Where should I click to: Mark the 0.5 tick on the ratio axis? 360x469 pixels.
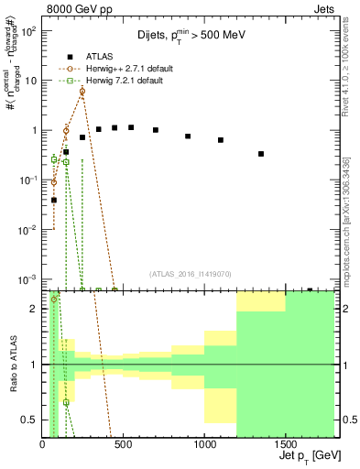coord(31,420)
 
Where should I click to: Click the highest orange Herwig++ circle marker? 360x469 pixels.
coord(82,92)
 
